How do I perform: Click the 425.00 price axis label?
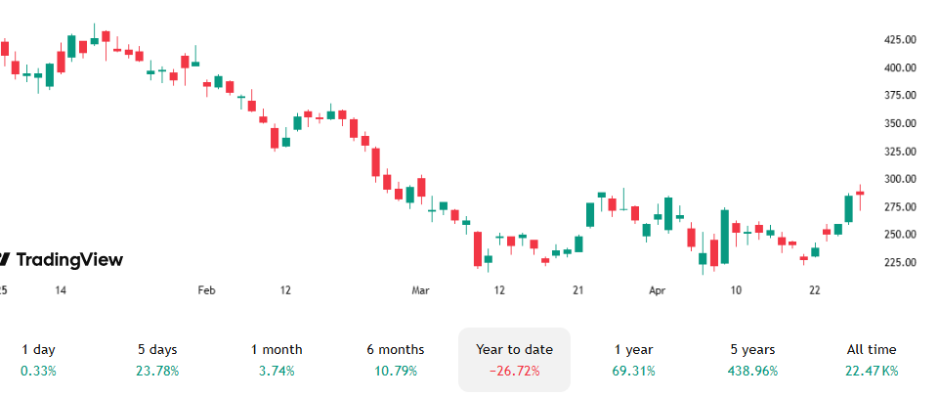coord(899,40)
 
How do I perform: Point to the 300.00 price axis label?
coord(899,180)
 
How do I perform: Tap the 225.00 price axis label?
coord(899,263)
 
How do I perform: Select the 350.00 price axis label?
coord(899,124)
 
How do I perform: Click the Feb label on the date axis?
coord(206,290)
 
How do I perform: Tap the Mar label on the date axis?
coord(421,290)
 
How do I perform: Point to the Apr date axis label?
coord(658,290)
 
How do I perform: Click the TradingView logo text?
coord(68,259)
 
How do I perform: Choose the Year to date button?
coord(514,349)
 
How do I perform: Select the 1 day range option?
coord(38,349)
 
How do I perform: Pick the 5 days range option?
coord(157,349)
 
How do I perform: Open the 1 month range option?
coord(277,349)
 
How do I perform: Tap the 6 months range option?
coord(395,349)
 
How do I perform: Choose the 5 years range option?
coord(752,349)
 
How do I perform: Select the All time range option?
coord(871,349)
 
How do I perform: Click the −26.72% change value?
coord(514,372)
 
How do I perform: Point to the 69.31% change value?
coord(633,372)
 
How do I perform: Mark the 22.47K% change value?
coord(871,372)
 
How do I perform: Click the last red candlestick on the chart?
coord(860,193)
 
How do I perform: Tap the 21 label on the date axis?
coord(578,290)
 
